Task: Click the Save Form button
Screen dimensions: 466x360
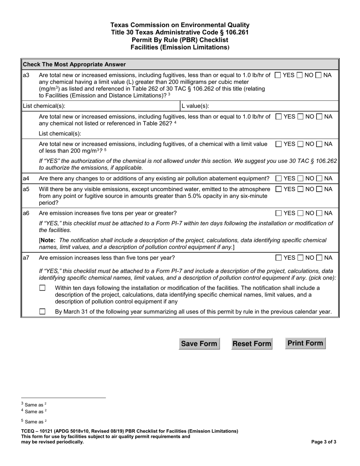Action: pyautogui.click(x=199, y=344)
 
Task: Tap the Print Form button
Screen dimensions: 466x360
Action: pyautogui.click(x=305, y=343)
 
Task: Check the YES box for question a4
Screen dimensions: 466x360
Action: pyautogui.click(x=279, y=178)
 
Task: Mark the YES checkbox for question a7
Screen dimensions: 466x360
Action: pyautogui.click(x=279, y=258)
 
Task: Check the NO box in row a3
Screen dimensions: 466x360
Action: pyautogui.click(x=300, y=75)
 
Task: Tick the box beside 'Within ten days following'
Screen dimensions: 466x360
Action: pyautogui.click(x=42, y=288)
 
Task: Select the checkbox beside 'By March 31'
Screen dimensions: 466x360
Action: pyautogui.click(x=42, y=312)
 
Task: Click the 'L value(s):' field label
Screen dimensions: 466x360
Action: pyautogui.click(x=195, y=106)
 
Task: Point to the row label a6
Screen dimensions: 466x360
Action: pyautogui.click(x=26, y=213)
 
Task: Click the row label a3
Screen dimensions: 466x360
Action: pyautogui.click(x=26, y=75)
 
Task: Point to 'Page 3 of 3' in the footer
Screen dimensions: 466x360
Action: pyautogui.click(x=323, y=442)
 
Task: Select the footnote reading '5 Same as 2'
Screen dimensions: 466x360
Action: pyautogui.click(x=34, y=421)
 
